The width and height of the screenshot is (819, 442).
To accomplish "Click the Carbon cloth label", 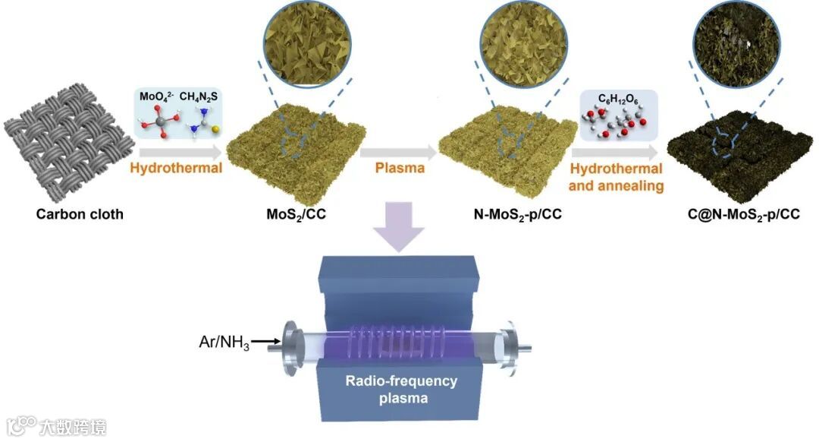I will pyautogui.click(x=80, y=214).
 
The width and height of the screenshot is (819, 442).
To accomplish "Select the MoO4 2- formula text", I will pyautogui.click(x=155, y=97).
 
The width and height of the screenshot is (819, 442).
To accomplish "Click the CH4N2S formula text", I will pyautogui.click(x=202, y=97).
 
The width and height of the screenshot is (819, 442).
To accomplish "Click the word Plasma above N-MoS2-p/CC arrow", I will pyautogui.click(x=398, y=168).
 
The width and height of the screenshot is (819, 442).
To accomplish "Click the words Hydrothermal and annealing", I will pyautogui.click(x=616, y=176).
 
